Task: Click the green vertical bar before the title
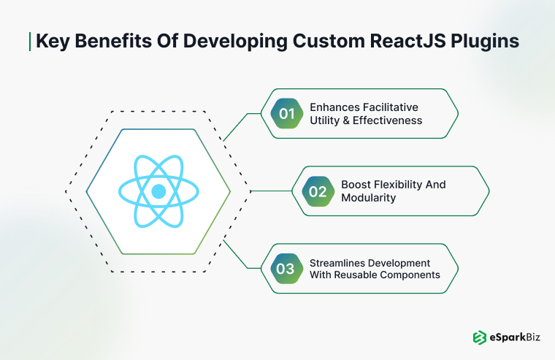click(30, 41)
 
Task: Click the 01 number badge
click(286, 113)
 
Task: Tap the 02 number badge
click(318, 192)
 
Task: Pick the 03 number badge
click(286, 269)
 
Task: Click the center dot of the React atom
click(158, 191)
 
